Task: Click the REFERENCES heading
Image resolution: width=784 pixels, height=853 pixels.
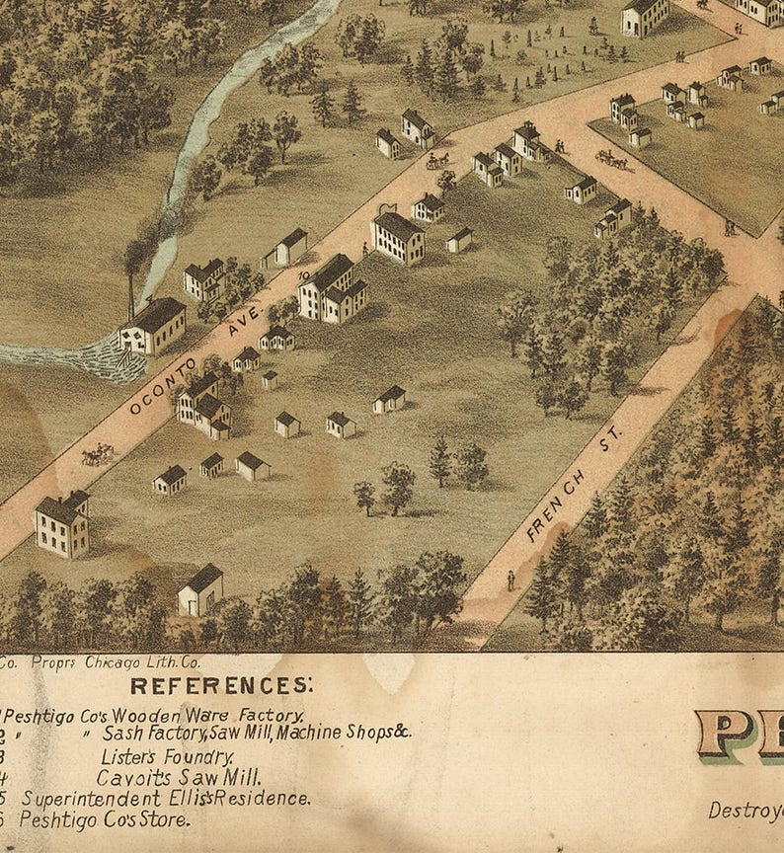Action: click(221, 684)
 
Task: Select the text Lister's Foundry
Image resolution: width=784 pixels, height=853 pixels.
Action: click(167, 757)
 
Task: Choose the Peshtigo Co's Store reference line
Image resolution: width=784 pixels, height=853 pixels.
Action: click(104, 818)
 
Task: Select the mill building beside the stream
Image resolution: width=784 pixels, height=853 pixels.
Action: click(153, 326)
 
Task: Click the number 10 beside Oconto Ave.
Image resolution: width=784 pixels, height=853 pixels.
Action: click(304, 277)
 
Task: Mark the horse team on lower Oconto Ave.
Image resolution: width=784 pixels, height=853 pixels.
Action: click(98, 454)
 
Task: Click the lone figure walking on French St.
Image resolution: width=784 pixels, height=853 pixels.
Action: click(510, 581)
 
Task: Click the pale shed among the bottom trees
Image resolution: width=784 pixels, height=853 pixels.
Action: click(200, 590)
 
